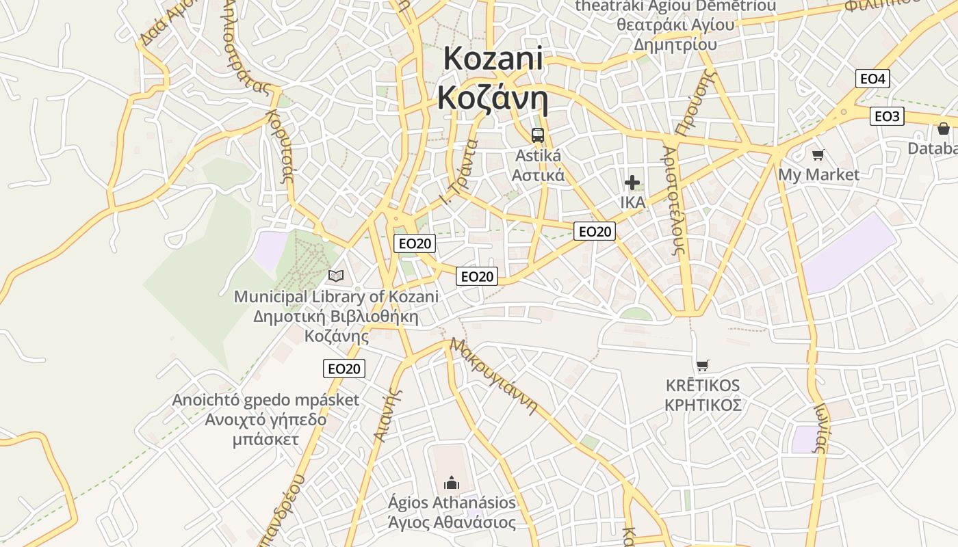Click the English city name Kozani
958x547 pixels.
pyautogui.click(x=493, y=59)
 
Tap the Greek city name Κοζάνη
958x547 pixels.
pyautogui.click(x=493, y=98)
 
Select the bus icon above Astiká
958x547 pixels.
pyautogui.click(x=538, y=135)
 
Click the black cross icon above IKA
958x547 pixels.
pyautogui.click(x=632, y=183)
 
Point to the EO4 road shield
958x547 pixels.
pyautogui.click(x=872, y=79)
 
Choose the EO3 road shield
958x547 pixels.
pyautogui.click(x=887, y=116)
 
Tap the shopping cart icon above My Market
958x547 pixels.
pyautogui.click(x=818, y=155)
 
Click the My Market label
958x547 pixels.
pyautogui.click(x=818, y=174)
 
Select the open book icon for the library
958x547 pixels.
pyautogui.click(x=335, y=276)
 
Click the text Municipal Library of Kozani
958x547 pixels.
pyautogui.click(x=336, y=297)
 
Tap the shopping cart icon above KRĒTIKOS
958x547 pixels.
pyautogui.click(x=702, y=365)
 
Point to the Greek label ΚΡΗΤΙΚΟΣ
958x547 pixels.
pyautogui.click(x=703, y=405)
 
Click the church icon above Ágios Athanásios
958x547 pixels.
pyautogui.click(x=452, y=483)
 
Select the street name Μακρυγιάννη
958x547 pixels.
pyautogui.click(x=493, y=376)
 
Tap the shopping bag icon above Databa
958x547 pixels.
pyautogui.click(x=944, y=129)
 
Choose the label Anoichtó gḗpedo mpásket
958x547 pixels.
pyautogui.click(x=266, y=400)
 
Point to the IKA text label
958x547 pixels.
pyautogui.click(x=632, y=202)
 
